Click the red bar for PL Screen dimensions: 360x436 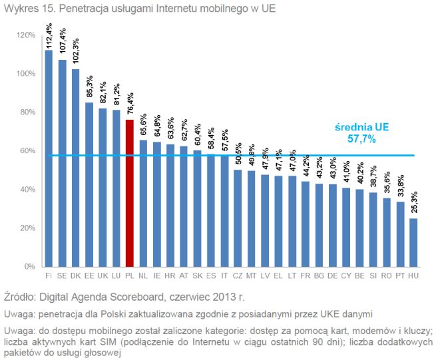[x=130, y=193]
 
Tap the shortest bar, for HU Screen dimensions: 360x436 [x=413, y=242]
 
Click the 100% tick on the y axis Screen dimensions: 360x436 [x=26, y=73]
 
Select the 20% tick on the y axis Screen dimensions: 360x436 [x=27, y=228]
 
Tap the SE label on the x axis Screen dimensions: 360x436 [x=62, y=273]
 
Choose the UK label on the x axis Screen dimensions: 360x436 [x=103, y=273]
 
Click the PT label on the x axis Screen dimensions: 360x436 [x=399, y=273]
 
